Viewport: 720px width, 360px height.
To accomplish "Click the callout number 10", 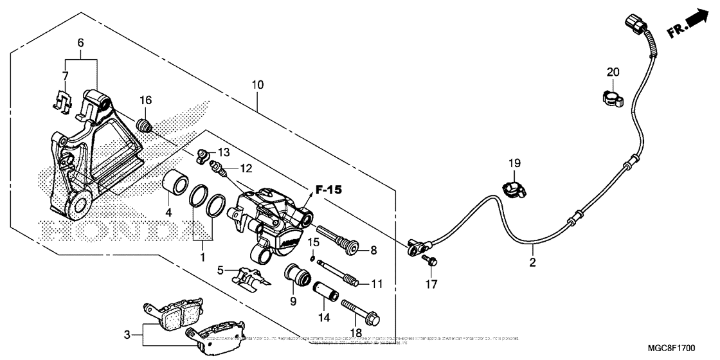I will [258, 85].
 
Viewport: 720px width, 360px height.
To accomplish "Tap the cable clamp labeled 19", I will [512, 189].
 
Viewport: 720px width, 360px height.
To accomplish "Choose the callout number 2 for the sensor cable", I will [532, 262].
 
